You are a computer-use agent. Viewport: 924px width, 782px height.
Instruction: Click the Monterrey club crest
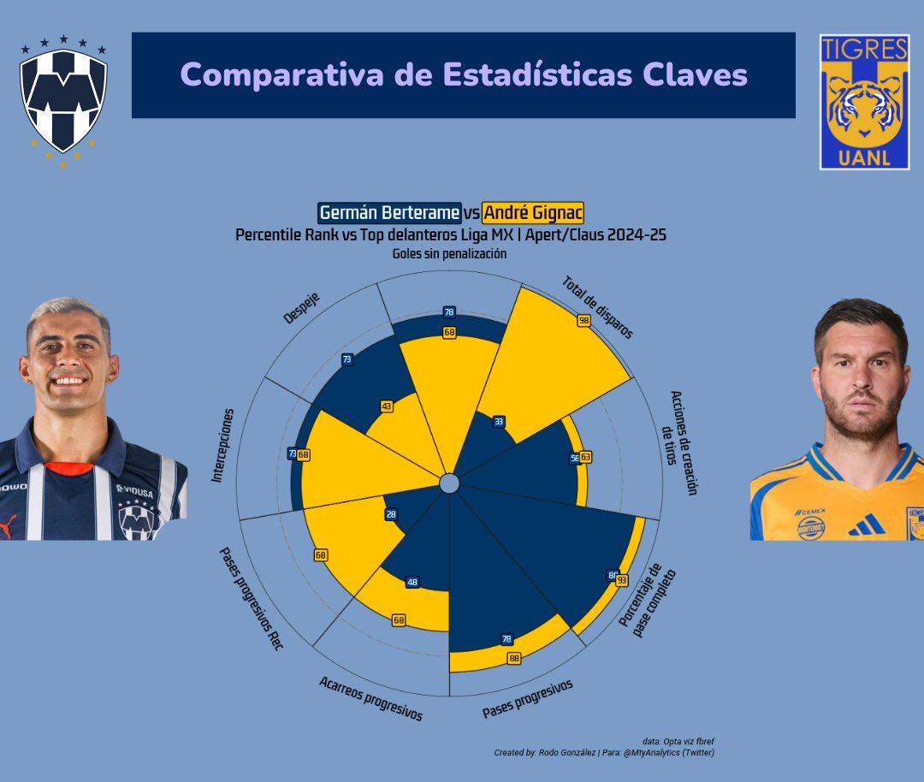(x=65, y=98)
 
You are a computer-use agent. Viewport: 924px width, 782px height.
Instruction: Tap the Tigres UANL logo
(x=863, y=102)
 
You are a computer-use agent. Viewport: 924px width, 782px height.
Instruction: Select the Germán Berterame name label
(x=389, y=213)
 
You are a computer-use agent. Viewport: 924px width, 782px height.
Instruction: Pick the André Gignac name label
(x=533, y=213)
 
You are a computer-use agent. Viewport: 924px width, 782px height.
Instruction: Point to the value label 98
(x=584, y=321)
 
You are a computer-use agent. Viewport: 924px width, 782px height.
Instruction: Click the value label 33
(x=499, y=421)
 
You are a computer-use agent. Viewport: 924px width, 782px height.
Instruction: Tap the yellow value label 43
(x=387, y=406)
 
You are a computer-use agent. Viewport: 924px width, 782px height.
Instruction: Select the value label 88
(x=514, y=658)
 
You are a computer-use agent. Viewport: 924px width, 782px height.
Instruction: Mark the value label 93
(x=622, y=580)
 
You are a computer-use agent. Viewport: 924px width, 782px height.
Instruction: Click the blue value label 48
(x=413, y=582)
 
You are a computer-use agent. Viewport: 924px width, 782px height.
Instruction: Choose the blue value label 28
(x=391, y=514)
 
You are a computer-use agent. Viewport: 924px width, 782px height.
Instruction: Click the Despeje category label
(x=301, y=309)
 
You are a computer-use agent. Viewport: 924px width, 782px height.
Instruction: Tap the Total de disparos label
(x=598, y=306)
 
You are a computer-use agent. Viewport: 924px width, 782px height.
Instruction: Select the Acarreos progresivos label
(x=370, y=698)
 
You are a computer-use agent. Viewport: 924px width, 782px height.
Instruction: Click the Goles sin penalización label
(x=449, y=254)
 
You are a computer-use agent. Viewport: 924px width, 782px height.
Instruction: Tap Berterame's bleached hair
(x=68, y=312)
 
